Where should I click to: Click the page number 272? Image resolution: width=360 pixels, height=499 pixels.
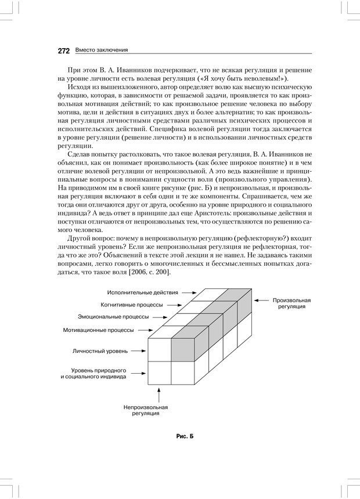tap(64, 50)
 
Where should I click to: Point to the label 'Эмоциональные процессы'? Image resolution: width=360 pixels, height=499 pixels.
tap(113, 317)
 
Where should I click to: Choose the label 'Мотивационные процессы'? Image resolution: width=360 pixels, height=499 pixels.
tap(98, 330)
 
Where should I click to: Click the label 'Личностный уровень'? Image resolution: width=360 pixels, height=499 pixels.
tap(100, 351)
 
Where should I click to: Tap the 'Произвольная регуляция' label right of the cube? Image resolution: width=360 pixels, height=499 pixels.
tap(291, 303)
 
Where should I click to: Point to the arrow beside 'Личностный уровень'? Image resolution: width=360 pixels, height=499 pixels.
tap(138, 351)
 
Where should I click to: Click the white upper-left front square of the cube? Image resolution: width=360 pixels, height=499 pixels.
tap(160, 349)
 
